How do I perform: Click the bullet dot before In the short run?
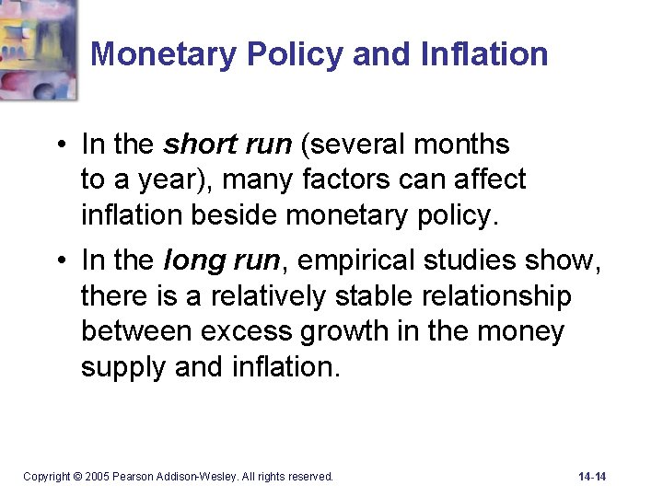[59, 145]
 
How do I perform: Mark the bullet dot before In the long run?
[59, 261]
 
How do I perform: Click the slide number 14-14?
[592, 477]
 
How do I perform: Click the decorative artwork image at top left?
[38, 48]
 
